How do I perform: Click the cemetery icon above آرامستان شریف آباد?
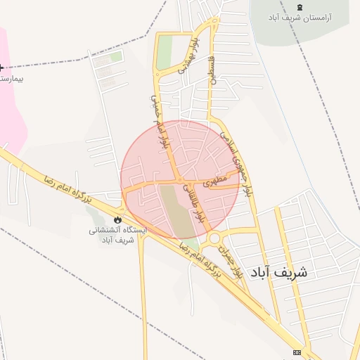tap(301, 6)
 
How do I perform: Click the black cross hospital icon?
tap(1, 68)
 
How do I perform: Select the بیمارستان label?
tap(11, 78)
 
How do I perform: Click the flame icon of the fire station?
tap(117, 220)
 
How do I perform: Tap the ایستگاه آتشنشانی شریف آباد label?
tap(117, 235)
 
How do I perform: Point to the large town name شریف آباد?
tap(288, 271)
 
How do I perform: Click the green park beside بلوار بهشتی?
tap(164, 52)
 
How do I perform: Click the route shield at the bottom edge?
tap(297, 352)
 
